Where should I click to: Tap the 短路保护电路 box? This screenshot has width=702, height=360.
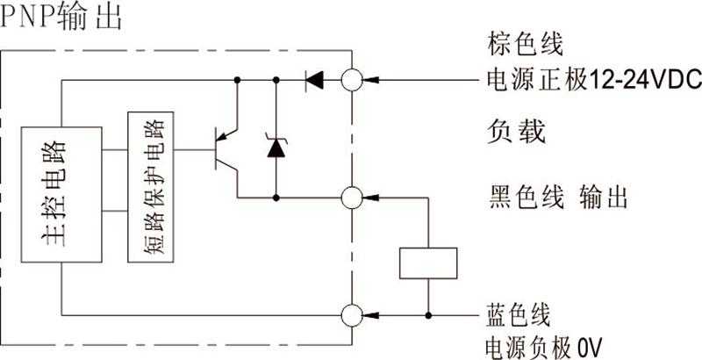pyautogui.click(x=151, y=186)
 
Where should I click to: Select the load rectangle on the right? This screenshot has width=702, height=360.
pyautogui.click(x=428, y=263)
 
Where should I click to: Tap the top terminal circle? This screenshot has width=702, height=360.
pyautogui.click(x=352, y=80)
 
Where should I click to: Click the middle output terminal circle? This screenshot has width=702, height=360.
pyautogui.click(x=352, y=197)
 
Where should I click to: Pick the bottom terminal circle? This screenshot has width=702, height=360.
pyautogui.click(x=352, y=313)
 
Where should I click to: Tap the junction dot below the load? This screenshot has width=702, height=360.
pyautogui.click(x=428, y=313)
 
